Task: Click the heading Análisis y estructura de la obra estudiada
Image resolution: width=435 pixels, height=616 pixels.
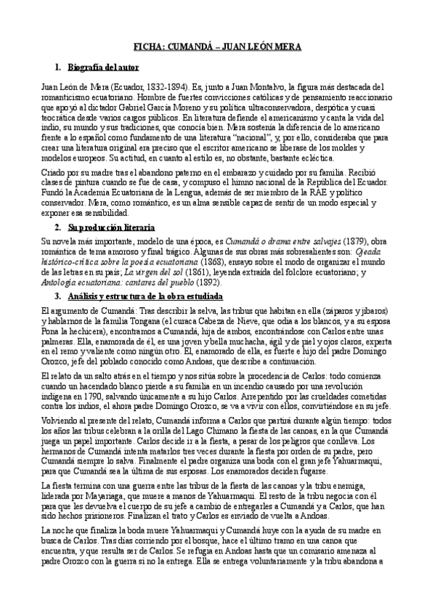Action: (138, 297)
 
